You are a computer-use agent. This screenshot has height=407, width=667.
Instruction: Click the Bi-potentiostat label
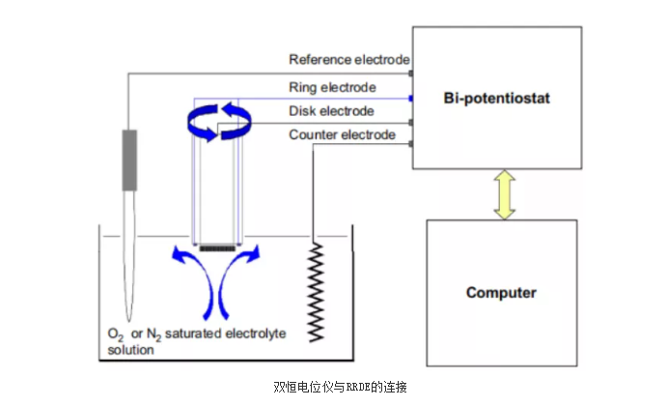pos(496,99)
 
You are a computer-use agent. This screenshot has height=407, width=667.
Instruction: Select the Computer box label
pos(500,292)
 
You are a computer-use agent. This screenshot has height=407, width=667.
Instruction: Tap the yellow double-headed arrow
pos(502,194)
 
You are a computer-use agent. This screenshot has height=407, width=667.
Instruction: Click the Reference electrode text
pos(349,61)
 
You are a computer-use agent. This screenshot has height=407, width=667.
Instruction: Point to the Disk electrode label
pos(330,111)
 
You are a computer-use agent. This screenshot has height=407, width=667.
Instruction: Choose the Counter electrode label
pos(342,135)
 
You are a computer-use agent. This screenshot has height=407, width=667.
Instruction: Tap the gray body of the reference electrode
pos(129,159)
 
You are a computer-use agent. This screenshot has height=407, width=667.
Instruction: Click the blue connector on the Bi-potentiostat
pos(411,98)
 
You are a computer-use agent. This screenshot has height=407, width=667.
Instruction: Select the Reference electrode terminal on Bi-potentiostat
pos(411,73)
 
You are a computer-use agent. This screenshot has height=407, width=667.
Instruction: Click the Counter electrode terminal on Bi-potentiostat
pos(411,145)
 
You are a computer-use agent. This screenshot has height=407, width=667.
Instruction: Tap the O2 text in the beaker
pos(114,334)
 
